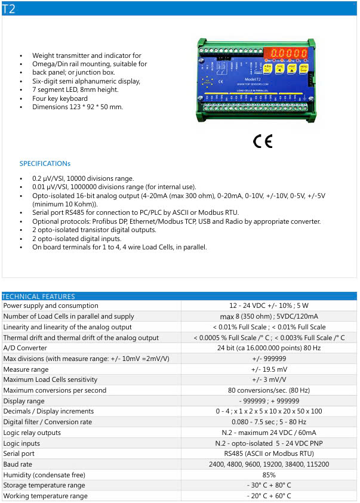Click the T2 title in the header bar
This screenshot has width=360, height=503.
pyautogui.click(x=9, y=8)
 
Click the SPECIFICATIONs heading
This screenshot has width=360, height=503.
pyautogui.click(x=45, y=163)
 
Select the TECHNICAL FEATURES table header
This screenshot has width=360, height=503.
pyautogui.click(x=39, y=296)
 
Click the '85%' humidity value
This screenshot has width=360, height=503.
pyautogui.click(x=269, y=474)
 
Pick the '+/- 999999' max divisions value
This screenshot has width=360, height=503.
pyautogui.click(x=269, y=359)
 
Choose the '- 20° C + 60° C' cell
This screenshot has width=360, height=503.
pyautogui.click(x=269, y=496)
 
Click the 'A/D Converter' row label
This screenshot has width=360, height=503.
pyautogui.click(x=25, y=348)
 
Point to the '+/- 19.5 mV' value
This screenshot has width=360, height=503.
pyautogui.click(x=269, y=369)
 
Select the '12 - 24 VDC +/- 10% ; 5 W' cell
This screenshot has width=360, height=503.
pyautogui.click(x=269, y=305)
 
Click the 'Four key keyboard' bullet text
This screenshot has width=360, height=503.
pyautogui.click(x=60, y=98)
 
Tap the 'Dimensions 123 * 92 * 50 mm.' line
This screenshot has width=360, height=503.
pyautogui.click(x=78, y=107)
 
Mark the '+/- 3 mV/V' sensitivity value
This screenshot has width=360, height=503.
pyautogui.click(x=269, y=379)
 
